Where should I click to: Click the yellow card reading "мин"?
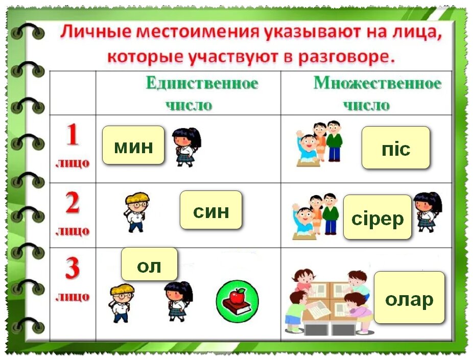[133, 146]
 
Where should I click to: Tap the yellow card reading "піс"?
[396, 148]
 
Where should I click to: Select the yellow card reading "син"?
[210, 210]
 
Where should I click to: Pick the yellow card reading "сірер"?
[377, 217]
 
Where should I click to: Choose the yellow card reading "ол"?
[149, 264]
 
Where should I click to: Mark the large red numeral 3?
[72, 269]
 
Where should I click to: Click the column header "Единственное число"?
[201, 93]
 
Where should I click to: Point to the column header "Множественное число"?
[377, 93]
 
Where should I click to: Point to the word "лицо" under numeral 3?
[72, 297]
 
